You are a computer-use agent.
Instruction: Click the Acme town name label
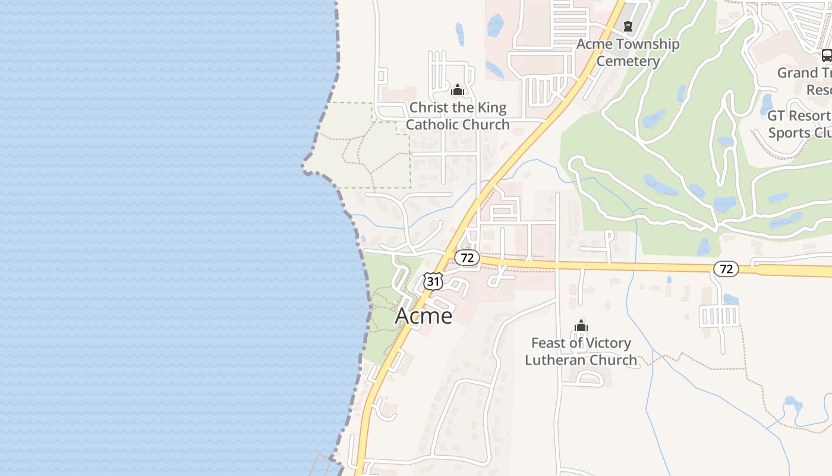[x=424, y=316]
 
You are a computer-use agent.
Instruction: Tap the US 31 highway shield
[x=433, y=281]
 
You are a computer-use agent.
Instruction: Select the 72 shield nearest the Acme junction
[x=467, y=258]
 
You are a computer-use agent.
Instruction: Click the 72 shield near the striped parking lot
[x=726, y=269]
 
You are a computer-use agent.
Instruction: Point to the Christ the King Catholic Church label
[x=458, y=116]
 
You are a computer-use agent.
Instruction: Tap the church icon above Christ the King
[x=458, y=90]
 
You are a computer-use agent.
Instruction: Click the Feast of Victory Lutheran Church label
[x=581, y=352]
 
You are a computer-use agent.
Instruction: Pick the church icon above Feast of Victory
[x=581, y=325]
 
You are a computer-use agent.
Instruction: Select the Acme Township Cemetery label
[x=628, y=52]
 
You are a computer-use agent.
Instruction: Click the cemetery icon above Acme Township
[x=628, y=26]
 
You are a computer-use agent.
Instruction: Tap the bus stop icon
[x=826, y=55]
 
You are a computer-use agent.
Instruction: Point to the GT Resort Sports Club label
[x=800, y=124]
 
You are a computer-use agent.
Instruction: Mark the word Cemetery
[x=628, y=61]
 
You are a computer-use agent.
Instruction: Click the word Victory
[x=606, y=343]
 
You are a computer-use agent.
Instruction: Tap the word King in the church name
[x=492, y=108]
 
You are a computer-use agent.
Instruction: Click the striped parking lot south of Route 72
[x=719, y=315]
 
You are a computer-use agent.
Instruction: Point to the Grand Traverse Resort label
[x=805, y=81]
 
